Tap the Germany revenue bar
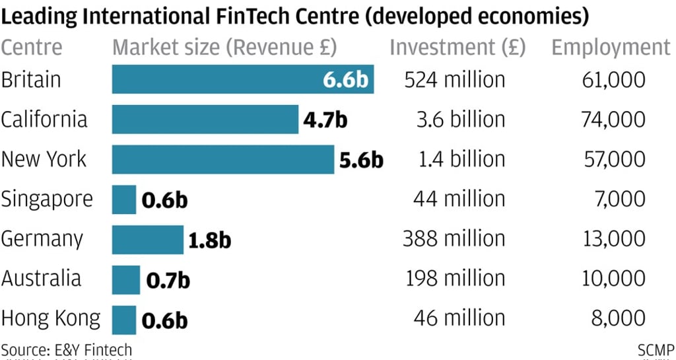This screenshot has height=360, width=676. (147, 239)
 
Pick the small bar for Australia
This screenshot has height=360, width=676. (125, 279)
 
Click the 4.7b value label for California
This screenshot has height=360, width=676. (325, 120)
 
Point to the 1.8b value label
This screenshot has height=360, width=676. (209, 240)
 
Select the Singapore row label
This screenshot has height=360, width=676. (47, 199)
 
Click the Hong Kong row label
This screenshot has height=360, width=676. (51, 319)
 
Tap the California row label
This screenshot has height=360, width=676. (44, 120)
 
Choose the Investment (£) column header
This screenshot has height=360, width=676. (457, 48)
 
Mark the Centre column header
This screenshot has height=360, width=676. (32, 48)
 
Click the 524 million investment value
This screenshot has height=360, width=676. (455, 79)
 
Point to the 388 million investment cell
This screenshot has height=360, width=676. (454, 239)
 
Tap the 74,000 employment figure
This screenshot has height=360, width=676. (613, 120)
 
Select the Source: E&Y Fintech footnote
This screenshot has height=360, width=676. (66, 349)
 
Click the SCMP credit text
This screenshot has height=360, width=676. (656, 349)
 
